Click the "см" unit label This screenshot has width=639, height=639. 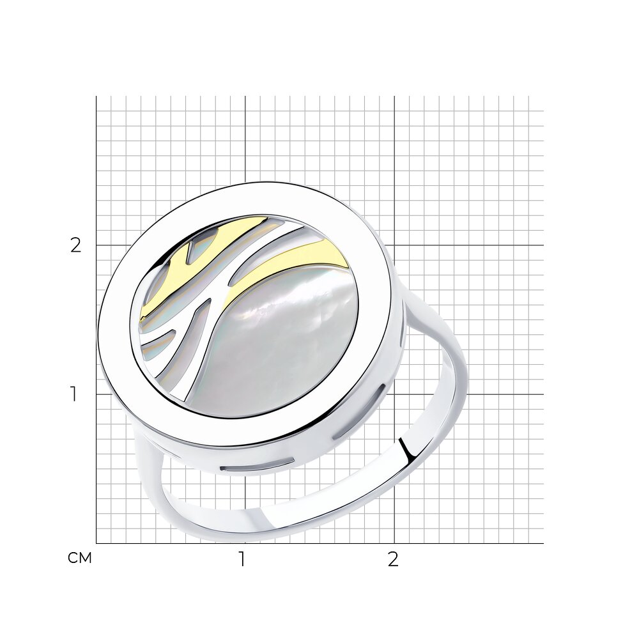click(x=80, y=558)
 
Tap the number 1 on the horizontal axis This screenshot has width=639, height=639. click(x=242, y=560)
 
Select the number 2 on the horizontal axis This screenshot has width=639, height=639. click(x=392, y=560)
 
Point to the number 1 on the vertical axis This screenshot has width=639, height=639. click(x=73, y=394)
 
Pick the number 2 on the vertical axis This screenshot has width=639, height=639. click(x=76, y=245)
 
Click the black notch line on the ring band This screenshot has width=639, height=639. click(x=406, y=448)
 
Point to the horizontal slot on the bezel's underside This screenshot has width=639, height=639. click(x=257, y=465)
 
